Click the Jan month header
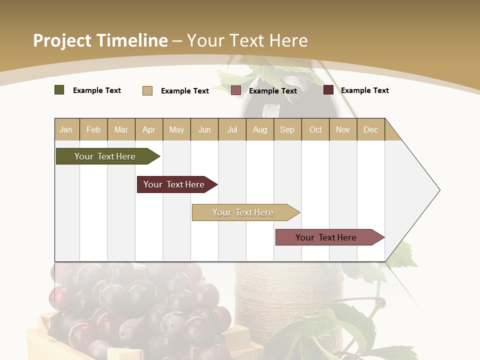(x=66, y=130)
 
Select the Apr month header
(x=149, y=130)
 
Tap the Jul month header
(x=232, y=130)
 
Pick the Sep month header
(x=287, y=130)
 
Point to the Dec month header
(x=370, y=130)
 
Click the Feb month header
(x=93, y=130)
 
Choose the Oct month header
(x=315, y=130)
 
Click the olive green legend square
(x=59, y=90)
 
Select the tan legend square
(x=147, y=90)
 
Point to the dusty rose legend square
(x=236, y=90)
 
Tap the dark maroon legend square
(x=328, y=90)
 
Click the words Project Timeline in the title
(x=100, y=40)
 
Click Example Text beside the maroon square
(x=364, y=90)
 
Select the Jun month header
(x=204, y=130)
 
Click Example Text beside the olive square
(x=97, y=90)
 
